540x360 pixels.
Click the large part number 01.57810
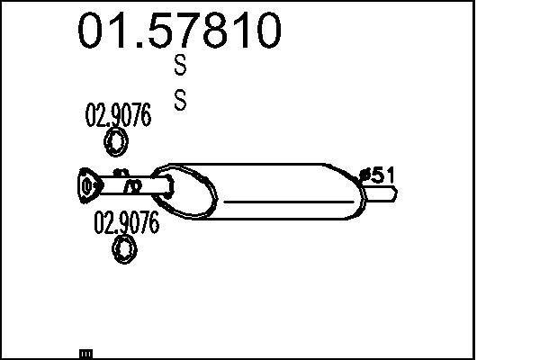(179, 31)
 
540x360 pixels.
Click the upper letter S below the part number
(180, 65)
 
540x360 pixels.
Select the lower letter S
(180, 100)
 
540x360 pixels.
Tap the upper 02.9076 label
(118, 114)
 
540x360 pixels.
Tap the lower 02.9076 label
(126, 222)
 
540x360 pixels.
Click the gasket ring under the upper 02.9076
(116, 141)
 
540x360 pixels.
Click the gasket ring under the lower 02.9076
(124, 249)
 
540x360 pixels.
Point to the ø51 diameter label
(376, 175)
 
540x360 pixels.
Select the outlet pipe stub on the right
(380, 193)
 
